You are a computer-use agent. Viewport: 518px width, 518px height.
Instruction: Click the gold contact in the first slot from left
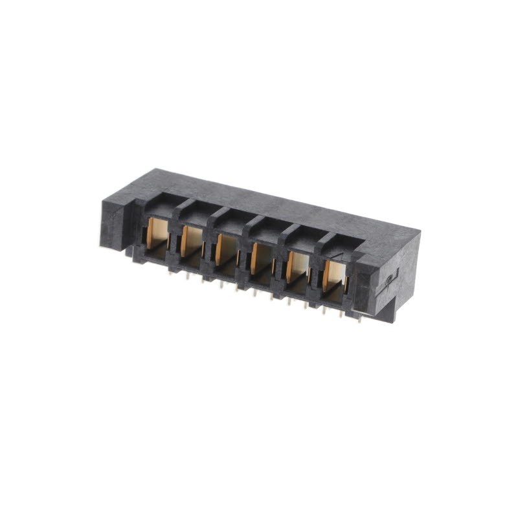(x=157, y=231)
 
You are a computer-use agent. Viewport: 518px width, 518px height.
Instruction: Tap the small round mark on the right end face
(x=389, y=279)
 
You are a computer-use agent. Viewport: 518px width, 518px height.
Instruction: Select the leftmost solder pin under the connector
(x=170, y=272)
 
